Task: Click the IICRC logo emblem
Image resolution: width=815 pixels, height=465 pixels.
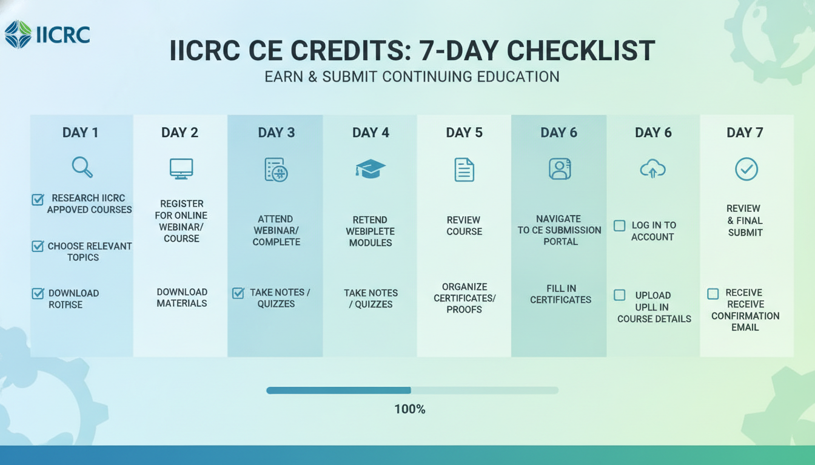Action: pos(18,35)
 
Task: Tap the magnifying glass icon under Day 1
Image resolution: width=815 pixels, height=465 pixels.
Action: pos(82,168)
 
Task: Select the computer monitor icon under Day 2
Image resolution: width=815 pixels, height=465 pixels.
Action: pos(181,169)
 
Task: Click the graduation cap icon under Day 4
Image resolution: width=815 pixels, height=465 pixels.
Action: pos(371,169)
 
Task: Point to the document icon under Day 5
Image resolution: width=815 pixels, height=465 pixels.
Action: pos(465,170)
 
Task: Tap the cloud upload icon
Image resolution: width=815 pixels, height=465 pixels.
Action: pos(652,169)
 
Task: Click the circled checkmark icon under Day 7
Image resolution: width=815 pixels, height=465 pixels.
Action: pos(746,169)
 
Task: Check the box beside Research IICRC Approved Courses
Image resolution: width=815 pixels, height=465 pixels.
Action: pos(38,199)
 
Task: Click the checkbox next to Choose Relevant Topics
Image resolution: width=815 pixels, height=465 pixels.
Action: pos(38,246)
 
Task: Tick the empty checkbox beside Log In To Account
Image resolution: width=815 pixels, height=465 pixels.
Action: pos(620,226)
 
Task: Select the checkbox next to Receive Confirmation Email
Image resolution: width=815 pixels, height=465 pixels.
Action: pos(713,294)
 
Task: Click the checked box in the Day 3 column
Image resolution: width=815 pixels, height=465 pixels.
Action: pos(238,293)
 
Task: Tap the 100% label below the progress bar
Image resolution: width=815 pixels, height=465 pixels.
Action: pos(410,409)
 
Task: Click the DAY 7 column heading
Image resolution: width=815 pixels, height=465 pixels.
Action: pos(745,133)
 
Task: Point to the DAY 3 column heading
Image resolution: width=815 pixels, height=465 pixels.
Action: pos(277,133)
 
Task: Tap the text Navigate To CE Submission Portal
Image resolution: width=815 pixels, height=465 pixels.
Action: pos(560,230)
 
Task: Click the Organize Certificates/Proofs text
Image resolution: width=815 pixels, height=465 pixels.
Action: pos(465,298)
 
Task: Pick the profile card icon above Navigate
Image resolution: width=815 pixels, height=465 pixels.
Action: pos(560,168)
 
